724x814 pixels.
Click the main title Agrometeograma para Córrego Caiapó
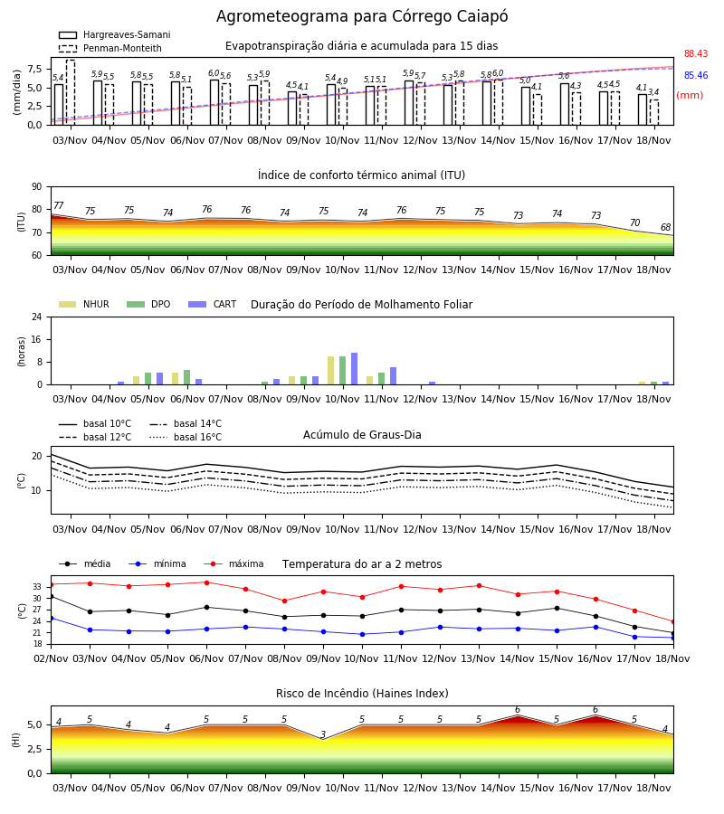[x=362, y=16]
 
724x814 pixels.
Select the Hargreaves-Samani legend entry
[x=114, y=34]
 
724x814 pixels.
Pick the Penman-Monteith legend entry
[x=110, y=48]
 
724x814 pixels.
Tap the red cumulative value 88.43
[x=696, y=53]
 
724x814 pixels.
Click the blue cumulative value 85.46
[x=696, y=75]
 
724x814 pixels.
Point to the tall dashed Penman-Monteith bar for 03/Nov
[x=71, y=92]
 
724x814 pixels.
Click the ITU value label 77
[x=59, y=205]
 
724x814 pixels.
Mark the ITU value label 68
[x=666, y=227]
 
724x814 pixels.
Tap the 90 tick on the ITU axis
[x=37, y=187]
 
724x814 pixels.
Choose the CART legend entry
[x=213, y=304]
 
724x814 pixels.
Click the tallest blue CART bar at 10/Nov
[x=354, y=369]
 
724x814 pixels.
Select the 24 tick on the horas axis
[x=37, y=317]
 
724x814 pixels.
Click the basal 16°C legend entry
[x=186, y=437]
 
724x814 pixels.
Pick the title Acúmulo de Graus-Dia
[x=362, y=435]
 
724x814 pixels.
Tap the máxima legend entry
[x=234, y=563]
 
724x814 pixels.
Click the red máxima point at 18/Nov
[x=673, y=621]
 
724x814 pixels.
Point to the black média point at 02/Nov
[x=51, y=597]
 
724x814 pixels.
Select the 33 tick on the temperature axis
[x=37, y=587]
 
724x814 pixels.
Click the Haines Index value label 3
[x=323, y=734]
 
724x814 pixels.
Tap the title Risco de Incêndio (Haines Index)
[x=362, y=694]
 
